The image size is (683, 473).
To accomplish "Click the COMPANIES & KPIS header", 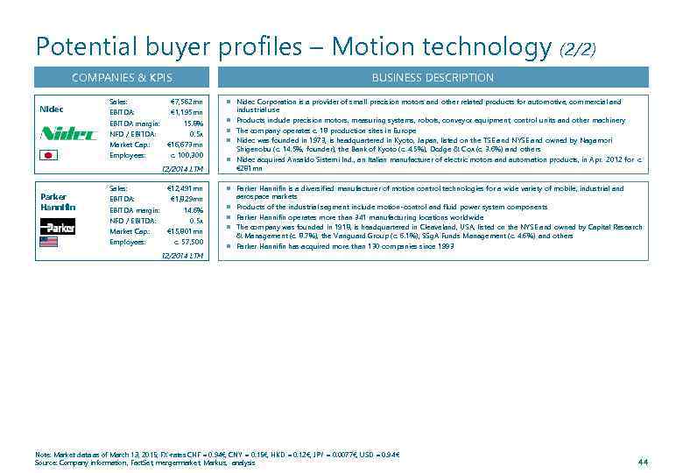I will point(122,78).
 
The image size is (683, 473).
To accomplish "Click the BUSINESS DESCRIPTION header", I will point(433,78).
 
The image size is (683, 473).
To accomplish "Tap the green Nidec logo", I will point(57,134).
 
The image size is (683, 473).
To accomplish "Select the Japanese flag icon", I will point(48,156).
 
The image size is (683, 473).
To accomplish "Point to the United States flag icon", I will point(49,243).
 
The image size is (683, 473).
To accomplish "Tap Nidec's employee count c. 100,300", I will point(186,155).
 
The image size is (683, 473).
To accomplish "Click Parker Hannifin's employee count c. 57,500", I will point(187,242).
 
